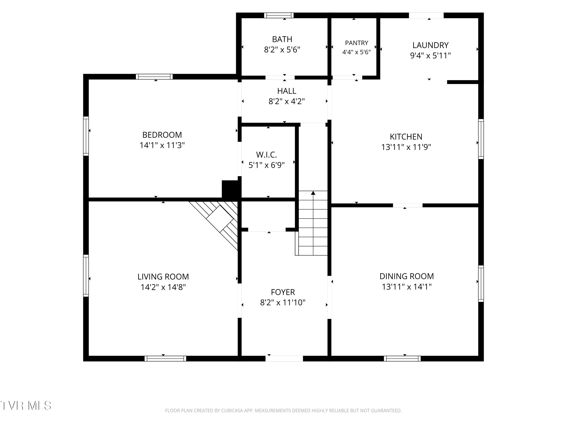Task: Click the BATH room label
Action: (282, 39)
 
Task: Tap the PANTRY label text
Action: (357, 43)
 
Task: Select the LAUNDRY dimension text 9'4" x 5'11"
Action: (430, 55)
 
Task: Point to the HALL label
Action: (287, 91)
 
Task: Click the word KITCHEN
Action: (406, 137)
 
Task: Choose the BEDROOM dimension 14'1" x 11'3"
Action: (162, 145)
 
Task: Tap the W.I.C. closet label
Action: (266, 155)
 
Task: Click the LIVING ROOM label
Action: (163, 277)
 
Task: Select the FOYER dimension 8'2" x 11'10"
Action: (283, 303)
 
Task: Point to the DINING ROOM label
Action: (407, 276)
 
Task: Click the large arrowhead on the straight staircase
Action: (313, 193)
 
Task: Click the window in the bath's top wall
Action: (279, 15)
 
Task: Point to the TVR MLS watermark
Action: (26, 406)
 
